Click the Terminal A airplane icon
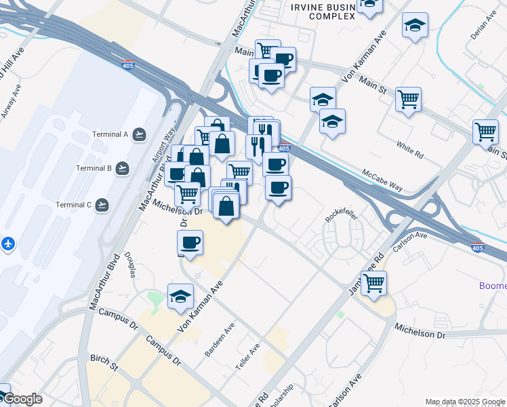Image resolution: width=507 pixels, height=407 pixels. tap(140, 134)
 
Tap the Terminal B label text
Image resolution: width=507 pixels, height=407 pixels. tap(94, 168)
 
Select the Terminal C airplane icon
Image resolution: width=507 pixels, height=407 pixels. tap(102, 205)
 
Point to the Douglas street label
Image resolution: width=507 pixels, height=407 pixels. tap(131, 265)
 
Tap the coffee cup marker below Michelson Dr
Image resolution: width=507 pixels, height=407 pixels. tap(190, 241)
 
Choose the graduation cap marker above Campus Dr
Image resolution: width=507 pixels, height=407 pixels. tap(181, 296)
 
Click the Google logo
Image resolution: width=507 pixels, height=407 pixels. tap(22, 400)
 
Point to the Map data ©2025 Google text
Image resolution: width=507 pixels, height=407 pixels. tap(464, 402)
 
